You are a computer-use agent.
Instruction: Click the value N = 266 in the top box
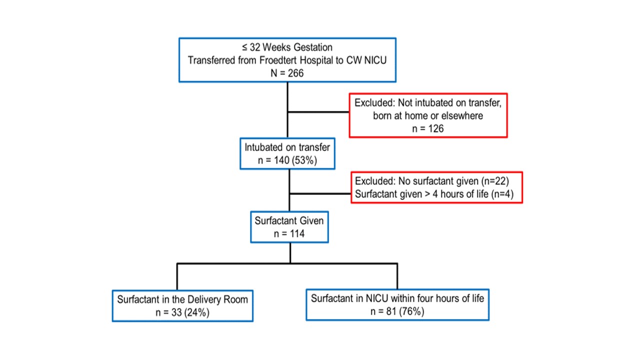pyautogui.click(x=287, y=73)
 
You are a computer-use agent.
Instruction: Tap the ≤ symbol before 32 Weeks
pyautogui.click(x=245, y=47)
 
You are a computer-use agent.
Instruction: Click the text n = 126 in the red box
pyautogui.click(x=428, y=129)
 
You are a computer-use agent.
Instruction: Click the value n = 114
pyautogui.click(x=289, y=234)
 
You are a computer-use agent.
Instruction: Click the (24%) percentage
pyautogui.click(x=197, y=313)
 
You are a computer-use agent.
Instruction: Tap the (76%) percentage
pyautogui.click(x=411, y=311)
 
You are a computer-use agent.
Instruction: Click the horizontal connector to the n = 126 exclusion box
pyautogui.click(x=318, y=112)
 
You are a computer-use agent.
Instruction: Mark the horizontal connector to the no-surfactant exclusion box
pyautogui.click(x=320, y=193)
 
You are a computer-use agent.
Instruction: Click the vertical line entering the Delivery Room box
pyautogui.click(x=177, y=276)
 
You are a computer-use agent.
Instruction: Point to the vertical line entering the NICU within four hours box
pyautogui.click(x=397, y=276)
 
